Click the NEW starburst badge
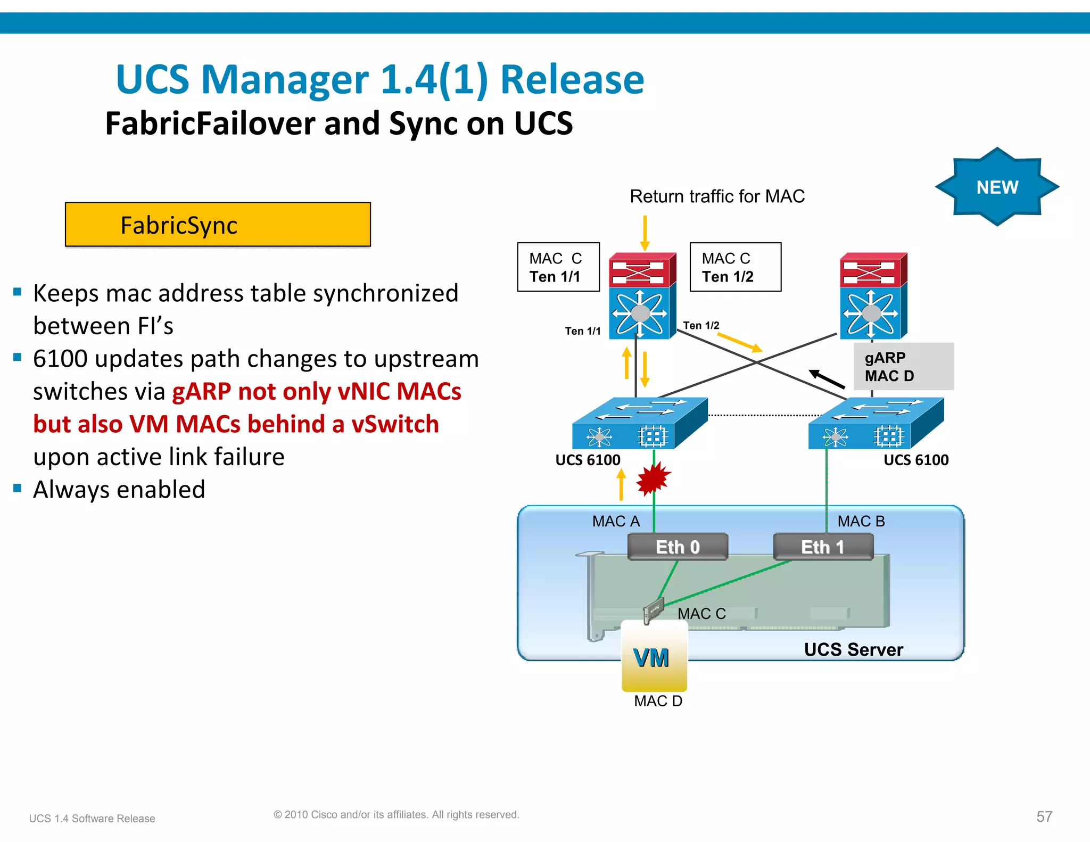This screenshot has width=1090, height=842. point(997,187)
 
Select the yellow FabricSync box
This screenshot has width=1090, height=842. point(218,225)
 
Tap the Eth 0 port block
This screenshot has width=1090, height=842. point(677,547)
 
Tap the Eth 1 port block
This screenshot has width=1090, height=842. point(823,547)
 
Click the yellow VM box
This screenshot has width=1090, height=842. point(654,657)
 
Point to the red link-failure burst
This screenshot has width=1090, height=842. point(653,477)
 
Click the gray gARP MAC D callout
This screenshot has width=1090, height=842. point(903,367)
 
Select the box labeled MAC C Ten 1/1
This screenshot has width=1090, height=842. point(558,267)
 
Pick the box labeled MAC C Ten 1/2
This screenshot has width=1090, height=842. point(735,267)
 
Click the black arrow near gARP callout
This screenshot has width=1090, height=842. point(827,379)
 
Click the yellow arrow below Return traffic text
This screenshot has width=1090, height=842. point(645,233)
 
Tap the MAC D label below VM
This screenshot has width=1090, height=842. point(658,701)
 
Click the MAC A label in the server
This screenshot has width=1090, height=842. point(616,521)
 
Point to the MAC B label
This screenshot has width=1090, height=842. point(861,521)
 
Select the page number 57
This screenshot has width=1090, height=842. point(1044,816)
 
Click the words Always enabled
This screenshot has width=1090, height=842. point(119,490)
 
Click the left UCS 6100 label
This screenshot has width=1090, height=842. point(588,460)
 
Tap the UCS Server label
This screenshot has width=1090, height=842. point(853,650)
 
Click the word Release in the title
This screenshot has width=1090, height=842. point(572,80)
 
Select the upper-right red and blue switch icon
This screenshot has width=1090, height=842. point(873,295)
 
